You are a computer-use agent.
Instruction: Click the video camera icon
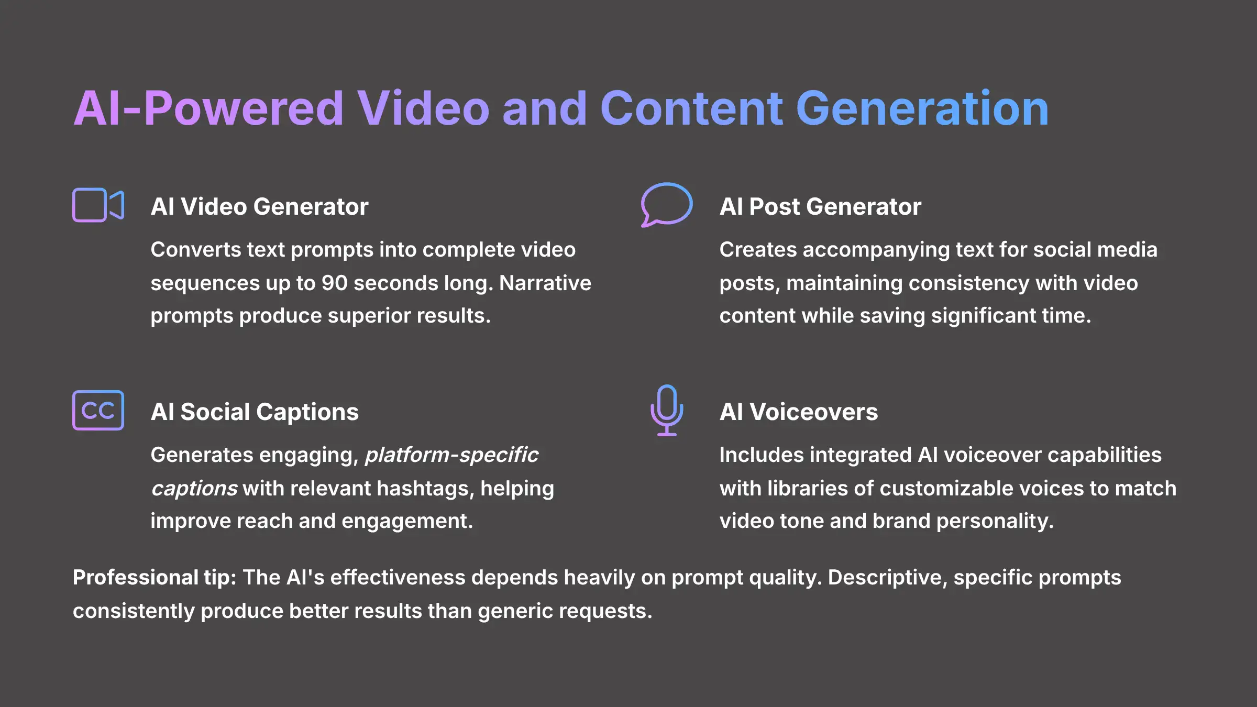(98, 205)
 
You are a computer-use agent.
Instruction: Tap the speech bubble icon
(666, 204)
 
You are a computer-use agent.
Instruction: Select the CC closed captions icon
(98, 410)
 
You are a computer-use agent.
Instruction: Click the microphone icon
(666, 410)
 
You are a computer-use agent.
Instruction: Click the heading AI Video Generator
(259, 206)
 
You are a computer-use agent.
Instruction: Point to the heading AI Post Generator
(820, 206)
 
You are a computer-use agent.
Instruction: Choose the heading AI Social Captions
(255, 412)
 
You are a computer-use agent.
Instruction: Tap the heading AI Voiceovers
(799, 412)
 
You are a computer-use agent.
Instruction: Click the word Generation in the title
(922, 108)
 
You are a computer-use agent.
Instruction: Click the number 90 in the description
(334, 283)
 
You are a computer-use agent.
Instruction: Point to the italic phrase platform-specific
(451, 455)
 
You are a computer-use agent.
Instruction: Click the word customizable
(948, 488)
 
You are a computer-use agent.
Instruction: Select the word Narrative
(545, 283)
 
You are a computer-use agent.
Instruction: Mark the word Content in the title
(691, 108)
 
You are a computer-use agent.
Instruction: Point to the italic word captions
(194, 488)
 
